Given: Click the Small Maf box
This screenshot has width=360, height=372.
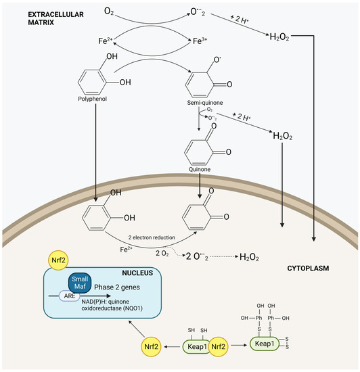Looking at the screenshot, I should pos(77,283).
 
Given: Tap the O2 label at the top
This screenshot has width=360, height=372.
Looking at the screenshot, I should pos(110,11).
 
